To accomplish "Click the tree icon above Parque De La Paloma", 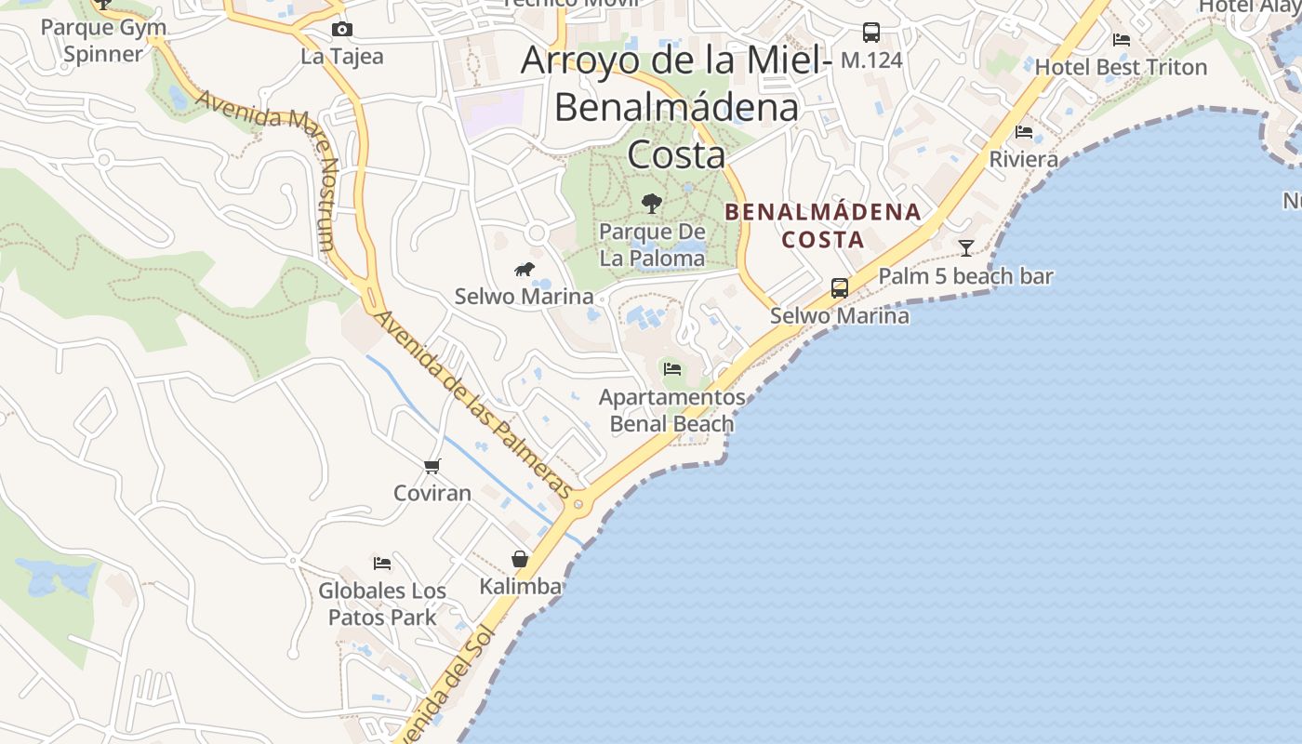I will [x=652, y=203].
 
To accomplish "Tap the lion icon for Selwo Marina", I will [x=525, y=270].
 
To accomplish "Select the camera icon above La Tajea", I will [x=342, y=29].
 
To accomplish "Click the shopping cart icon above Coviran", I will [x=432, y=466].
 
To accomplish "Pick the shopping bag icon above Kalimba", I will [x=520, y=559].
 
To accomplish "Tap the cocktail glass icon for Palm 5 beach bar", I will [x=966, y=247].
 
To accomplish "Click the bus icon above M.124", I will [x=870, y=33].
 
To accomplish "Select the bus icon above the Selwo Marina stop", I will [x=839, y=288].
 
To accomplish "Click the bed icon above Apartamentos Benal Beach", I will [x=672, y=369].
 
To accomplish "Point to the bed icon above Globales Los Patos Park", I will [x=382, y=563].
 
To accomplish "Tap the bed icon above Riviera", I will [x=1024, y=132].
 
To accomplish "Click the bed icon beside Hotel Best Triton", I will [x=1122, y=40].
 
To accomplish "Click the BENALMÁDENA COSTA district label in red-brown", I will [x=823, y=226].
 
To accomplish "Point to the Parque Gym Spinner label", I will [x=103, y=40].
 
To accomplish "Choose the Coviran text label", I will [x=432, y=493].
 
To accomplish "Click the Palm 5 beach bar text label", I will [x=965, y=276].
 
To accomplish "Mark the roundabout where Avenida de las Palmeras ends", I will [x=579, y=504].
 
